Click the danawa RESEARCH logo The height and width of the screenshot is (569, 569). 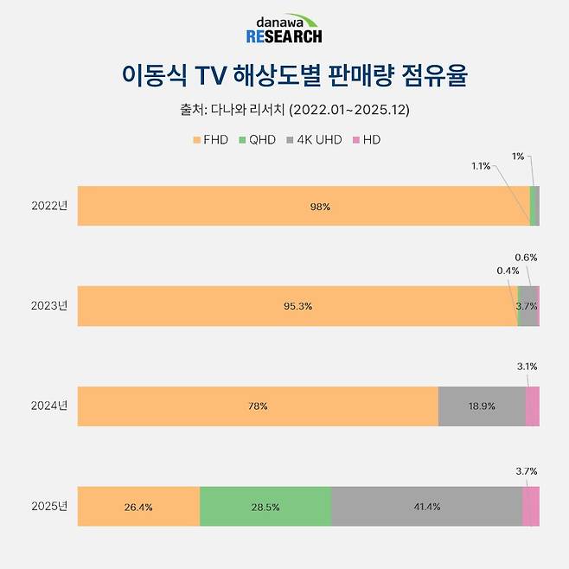pos(284,29)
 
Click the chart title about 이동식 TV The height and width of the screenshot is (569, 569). pos(284,76)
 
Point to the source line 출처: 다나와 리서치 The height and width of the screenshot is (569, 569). pos(284,110)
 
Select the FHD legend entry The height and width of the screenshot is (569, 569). pos(210,139)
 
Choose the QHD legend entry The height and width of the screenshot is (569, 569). pos(259,139)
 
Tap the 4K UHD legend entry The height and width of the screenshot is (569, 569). pos(313,139)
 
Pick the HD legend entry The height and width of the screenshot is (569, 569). pos(368,139)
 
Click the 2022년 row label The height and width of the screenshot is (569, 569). pos(48,206)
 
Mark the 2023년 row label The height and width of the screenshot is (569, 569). pos(48,306)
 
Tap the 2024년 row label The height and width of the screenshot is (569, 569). pos(48,406)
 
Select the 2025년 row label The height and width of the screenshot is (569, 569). pos(48,506)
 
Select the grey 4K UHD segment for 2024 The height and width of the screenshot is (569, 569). pos(481,406)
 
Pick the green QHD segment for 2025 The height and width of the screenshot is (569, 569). pos(265,506)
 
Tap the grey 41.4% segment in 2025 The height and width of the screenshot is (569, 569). pos(426,506)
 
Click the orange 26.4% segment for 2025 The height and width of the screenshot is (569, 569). pos(138,506)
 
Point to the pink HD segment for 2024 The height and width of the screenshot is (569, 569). pos(533,406)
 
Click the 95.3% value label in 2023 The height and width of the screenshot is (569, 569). pos(297,306)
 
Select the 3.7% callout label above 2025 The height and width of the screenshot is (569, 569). pos(527,471)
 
